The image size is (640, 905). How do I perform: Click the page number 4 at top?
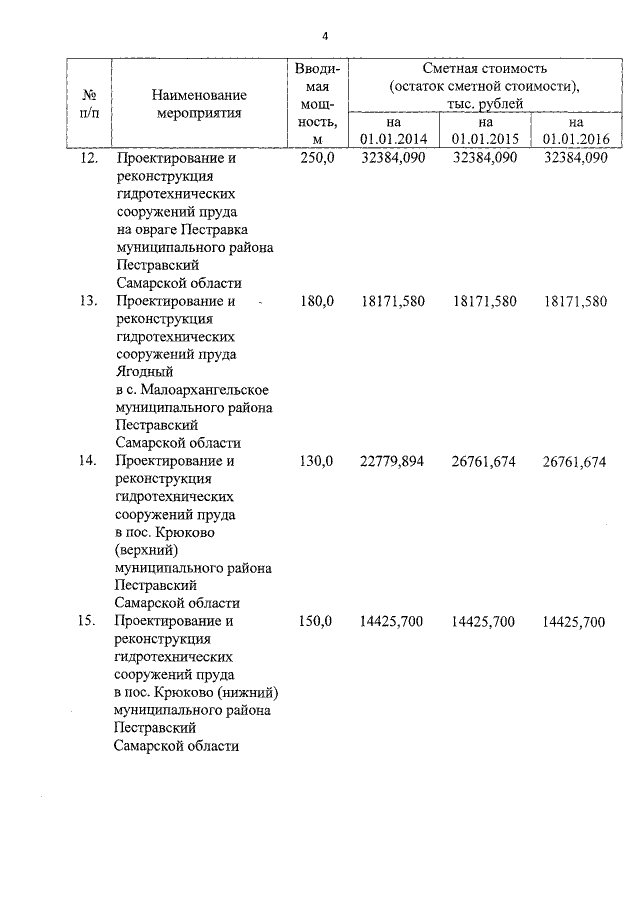[x=324, y=36]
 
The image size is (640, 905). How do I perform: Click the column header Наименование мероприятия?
[x=199, y=104]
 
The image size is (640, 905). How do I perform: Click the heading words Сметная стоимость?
[x=485, y=69]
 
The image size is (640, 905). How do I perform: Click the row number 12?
[x=87, y=158]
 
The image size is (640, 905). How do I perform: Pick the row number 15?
[x=87, y=621]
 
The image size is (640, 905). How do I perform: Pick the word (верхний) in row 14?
[x=146, y=550]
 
